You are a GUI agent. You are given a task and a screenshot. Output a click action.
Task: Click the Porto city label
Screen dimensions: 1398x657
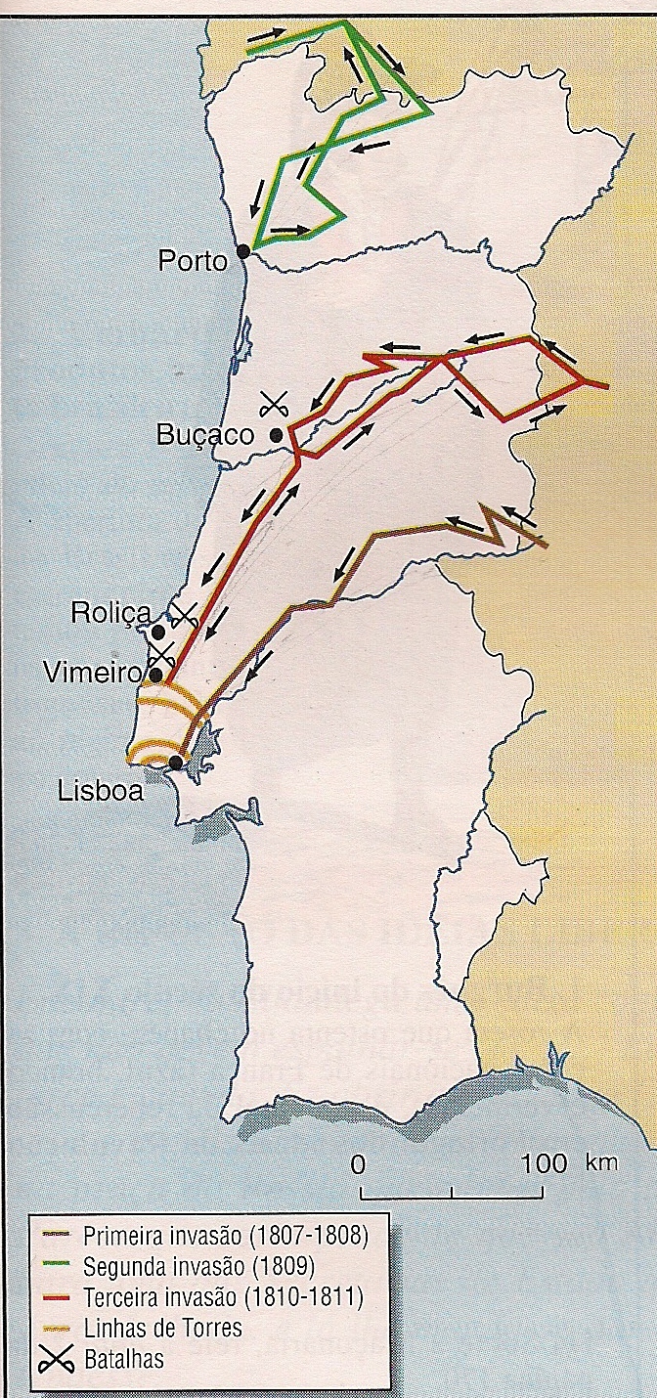pos(193,261)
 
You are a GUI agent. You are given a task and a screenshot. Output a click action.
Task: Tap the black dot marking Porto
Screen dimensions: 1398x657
pos(243,250)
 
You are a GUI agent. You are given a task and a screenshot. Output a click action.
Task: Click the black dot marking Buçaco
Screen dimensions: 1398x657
pos(277,435)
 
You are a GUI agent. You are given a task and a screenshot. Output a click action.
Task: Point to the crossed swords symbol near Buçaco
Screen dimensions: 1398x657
pos(276,401)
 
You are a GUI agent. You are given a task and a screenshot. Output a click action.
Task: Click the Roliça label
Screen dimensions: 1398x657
pos(110,613)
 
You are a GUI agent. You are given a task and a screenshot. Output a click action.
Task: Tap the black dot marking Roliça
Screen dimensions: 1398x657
pos(158,632)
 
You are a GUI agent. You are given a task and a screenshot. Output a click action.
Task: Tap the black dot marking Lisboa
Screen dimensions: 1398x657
pos(176,763)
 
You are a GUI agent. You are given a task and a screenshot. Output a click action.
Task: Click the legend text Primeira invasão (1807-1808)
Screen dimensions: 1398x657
pos(225,1234)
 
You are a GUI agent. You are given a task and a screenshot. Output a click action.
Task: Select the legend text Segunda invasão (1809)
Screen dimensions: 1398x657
pos(198,1267)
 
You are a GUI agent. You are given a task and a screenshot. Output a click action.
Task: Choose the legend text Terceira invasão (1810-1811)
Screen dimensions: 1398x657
pos(224,1298)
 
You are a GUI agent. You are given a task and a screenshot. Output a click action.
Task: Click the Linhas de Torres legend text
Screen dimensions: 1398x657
pos(162,1329)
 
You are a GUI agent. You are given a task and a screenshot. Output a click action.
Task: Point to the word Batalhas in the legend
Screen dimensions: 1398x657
pos(124,1358)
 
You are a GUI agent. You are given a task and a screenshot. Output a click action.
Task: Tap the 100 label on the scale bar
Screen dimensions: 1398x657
pos(545,1163)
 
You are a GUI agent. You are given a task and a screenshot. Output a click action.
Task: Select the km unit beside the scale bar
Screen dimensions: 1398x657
pos(601,1163)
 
